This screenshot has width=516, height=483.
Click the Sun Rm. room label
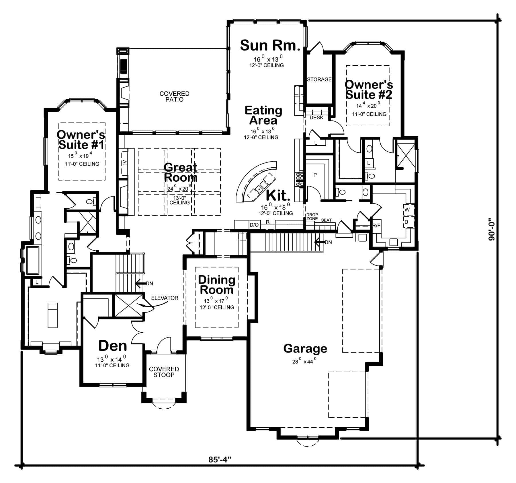270,45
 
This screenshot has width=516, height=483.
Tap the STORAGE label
319,79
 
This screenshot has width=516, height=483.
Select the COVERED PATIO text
174,96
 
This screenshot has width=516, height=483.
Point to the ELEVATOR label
165,298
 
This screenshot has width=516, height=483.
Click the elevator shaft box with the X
128,305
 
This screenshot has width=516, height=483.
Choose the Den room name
112,346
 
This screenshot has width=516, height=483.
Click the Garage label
305,349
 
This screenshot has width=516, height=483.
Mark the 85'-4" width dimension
220,468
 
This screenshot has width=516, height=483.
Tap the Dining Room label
217,285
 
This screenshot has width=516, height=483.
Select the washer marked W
407,209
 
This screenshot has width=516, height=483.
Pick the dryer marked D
406,222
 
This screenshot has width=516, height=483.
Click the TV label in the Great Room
124,163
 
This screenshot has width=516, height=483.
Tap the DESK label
316,118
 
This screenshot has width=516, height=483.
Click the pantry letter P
315,175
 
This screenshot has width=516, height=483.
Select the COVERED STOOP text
164,372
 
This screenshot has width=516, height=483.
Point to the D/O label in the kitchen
254,225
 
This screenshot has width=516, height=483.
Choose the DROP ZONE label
312,217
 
